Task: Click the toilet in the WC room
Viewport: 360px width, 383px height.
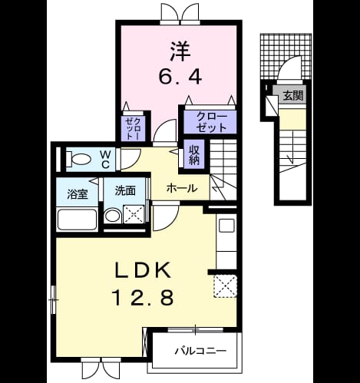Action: click(78, 159)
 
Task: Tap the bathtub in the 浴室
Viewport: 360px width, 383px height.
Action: click(78, 220)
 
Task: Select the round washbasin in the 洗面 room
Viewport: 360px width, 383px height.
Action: click(113, 216)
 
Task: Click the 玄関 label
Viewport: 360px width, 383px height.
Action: click(293, 96)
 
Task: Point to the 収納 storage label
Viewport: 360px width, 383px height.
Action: click(194, 155)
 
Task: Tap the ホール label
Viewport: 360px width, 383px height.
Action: click(182, 188)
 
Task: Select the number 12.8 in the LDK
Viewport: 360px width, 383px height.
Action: click(144, 298)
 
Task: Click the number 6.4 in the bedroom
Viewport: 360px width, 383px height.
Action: click(180, 77)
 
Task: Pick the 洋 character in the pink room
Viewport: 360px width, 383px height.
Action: click(180, 51)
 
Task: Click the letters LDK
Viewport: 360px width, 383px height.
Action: click(144, 270)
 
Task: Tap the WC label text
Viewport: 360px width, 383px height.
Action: click(105, 160)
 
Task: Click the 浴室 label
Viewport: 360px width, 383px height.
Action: click(78, 194)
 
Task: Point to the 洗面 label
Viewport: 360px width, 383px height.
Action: click(125, 190)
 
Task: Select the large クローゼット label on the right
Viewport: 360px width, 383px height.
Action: click(211, 122)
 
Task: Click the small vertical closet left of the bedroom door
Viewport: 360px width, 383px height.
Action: click(134, 127)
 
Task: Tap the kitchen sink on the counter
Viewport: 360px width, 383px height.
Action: click(226, 225)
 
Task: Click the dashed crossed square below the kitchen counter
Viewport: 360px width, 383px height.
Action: click(225, 286)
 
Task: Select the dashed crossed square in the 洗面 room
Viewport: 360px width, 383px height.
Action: click(134, 214)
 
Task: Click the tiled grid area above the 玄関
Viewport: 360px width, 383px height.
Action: click(286, 56)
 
